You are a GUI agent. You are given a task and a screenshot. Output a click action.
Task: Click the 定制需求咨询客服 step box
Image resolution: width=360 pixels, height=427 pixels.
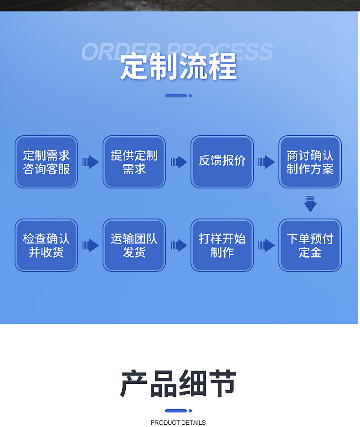[x=46, y=162]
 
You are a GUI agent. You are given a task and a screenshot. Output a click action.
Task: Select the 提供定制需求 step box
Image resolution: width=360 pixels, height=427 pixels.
[x=134, y=162]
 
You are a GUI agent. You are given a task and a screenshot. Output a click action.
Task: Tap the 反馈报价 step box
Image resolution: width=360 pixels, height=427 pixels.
[x=222, y=162]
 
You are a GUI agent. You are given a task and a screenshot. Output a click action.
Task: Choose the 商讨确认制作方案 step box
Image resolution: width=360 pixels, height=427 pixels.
[x=310, y=162]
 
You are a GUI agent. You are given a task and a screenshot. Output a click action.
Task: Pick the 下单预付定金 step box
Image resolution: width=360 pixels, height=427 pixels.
[x=310, y=245]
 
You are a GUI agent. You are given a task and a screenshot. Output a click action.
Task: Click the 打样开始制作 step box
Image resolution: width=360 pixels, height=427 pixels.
[x=222, y=245]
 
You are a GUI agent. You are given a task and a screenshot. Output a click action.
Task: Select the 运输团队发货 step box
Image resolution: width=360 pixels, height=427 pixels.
[x=134, y=245]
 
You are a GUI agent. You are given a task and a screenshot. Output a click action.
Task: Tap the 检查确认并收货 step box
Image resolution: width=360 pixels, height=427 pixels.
[x=46, y=245]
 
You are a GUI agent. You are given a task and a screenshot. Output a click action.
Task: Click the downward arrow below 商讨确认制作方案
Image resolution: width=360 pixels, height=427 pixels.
[x=310, y=203]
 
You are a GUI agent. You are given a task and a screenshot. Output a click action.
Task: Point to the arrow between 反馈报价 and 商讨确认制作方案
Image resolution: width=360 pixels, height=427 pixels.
[x=266, y=162]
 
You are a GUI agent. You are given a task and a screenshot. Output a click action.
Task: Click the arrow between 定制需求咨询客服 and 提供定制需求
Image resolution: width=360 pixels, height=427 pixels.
[x=90, y=162]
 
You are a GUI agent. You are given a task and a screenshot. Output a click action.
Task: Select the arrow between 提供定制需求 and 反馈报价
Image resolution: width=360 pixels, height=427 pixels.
[x=179, y=162]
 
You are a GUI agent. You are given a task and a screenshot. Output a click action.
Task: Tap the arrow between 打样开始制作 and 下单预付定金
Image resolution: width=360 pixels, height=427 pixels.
[x=266, y=245]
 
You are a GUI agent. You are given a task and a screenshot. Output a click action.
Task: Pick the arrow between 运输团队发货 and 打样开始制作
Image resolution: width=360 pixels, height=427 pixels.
[x=179, y=245]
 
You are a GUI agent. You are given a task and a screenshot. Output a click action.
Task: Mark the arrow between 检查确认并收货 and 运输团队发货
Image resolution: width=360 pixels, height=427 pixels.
[x=90, y=245]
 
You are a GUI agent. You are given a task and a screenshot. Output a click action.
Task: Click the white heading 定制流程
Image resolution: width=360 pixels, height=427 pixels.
[x=179, y=67]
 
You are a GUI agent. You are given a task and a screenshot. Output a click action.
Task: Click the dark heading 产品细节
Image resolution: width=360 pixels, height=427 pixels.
[x=179, y=383]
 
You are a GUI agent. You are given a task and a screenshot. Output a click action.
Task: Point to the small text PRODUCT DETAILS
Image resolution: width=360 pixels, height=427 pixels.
[x=178, y=422]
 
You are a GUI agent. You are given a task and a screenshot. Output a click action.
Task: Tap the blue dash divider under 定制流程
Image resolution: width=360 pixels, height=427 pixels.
[x=178, y=96]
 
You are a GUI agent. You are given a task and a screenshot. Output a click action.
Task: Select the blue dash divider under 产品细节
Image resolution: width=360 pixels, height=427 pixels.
[x=178, y=411]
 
